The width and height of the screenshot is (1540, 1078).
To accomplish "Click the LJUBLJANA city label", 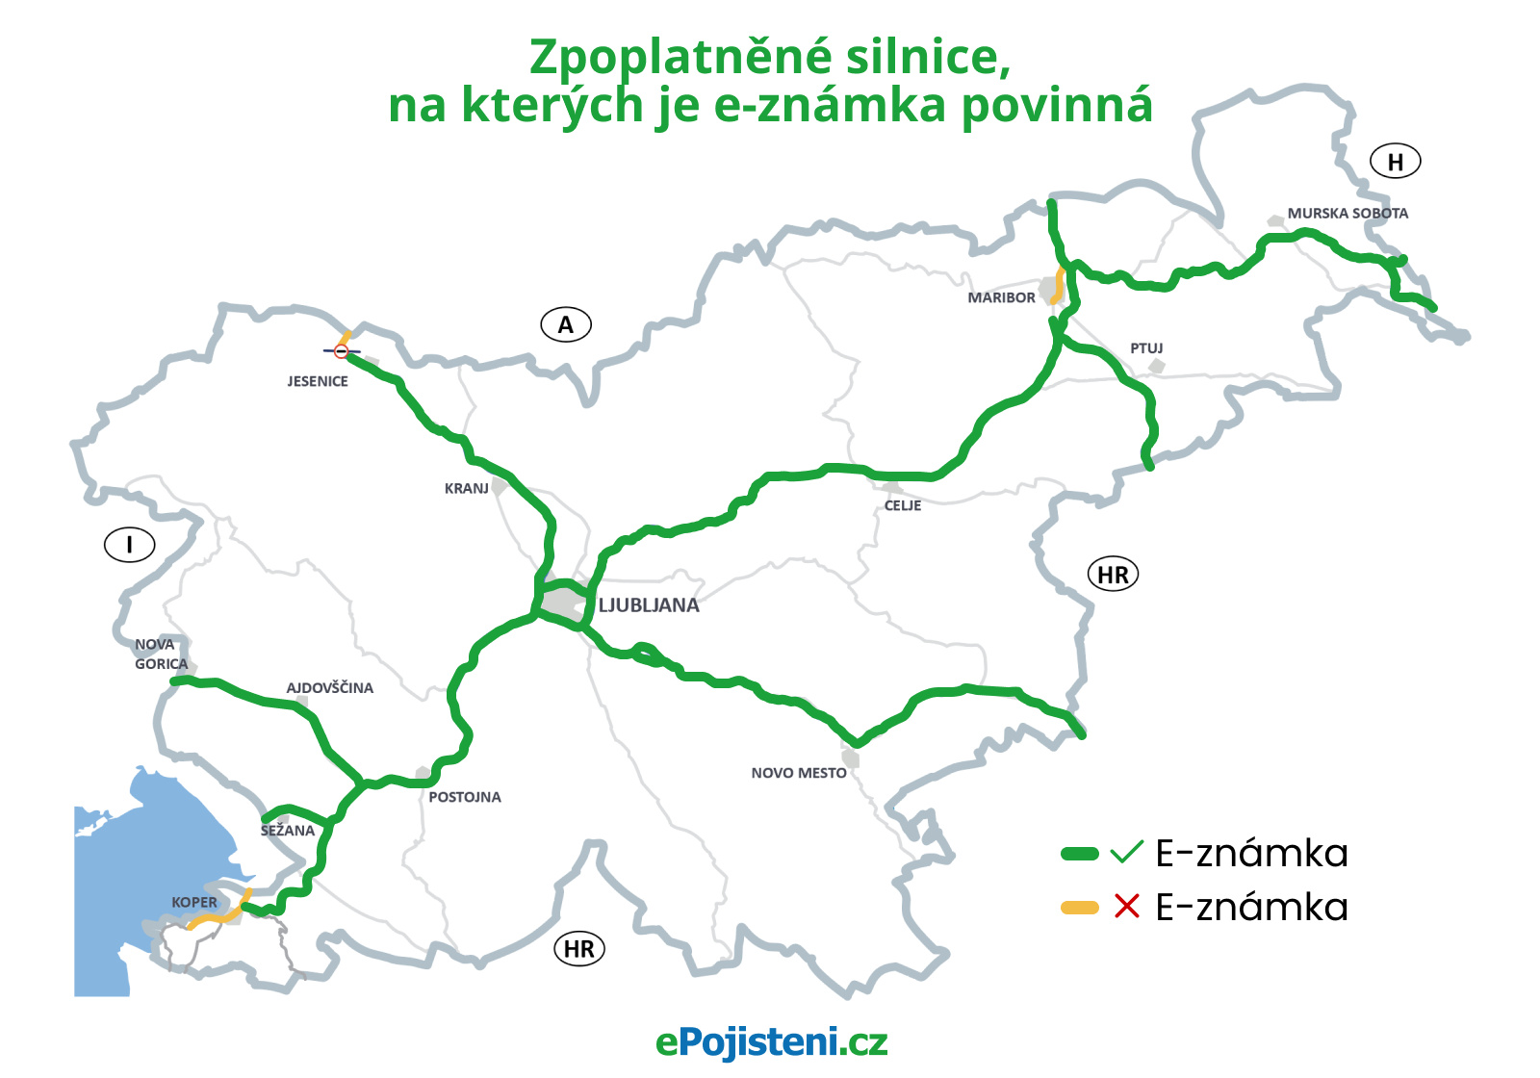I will [x=649, y=605].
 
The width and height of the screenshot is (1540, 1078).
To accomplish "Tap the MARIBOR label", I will [x=1001, y=297].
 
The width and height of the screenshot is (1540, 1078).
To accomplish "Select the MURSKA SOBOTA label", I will [x=1347, y=213].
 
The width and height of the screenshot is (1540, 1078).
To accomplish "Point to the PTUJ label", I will [x=1146, y=347].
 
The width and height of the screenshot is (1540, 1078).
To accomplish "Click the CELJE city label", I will [x=903, y=505].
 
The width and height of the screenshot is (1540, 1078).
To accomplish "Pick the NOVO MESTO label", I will [x=799, y=773].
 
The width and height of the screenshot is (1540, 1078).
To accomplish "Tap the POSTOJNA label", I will [x=465, y=797].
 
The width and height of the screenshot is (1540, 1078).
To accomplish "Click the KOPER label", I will [x=194, y=902].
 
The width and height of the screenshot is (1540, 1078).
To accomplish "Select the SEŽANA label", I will [x=288, y=831].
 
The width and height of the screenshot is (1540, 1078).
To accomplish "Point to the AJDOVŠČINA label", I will [x=329, y=687].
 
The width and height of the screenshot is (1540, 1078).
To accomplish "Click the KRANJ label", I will [x=467, y=488].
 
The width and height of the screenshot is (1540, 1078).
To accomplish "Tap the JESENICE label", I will [x=318, y=381].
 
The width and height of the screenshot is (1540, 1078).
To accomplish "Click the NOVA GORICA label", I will [x=161, y=654].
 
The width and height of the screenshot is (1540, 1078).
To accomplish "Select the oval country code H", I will [x=1396, y=162].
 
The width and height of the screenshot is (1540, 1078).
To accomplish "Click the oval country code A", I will [x=566, y=325].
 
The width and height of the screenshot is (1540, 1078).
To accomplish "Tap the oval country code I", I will [x=130, y=546].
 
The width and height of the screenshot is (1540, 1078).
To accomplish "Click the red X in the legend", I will [x=1127, y=907].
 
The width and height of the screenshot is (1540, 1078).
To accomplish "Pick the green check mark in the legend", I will [x=1126, y=852].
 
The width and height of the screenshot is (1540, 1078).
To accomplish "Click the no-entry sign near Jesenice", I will [x=341, y=351].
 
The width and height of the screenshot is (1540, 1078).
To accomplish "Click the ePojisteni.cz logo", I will [x=771, y=1041].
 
